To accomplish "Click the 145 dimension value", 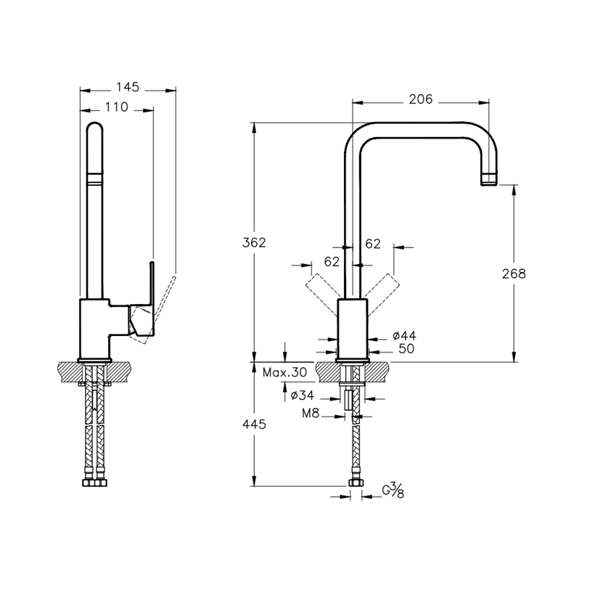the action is point(128,87).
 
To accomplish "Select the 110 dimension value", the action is point(117,107).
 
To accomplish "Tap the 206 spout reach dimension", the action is point(420,99).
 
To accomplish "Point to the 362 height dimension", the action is point(254,242).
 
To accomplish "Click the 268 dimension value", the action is point(514,274).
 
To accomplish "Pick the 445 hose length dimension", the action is point(254,424).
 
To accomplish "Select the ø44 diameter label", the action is point(404,335).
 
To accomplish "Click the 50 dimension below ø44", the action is point(406,349).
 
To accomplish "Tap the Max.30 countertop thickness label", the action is point(284,373).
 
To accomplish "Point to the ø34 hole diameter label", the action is point(303,395).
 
